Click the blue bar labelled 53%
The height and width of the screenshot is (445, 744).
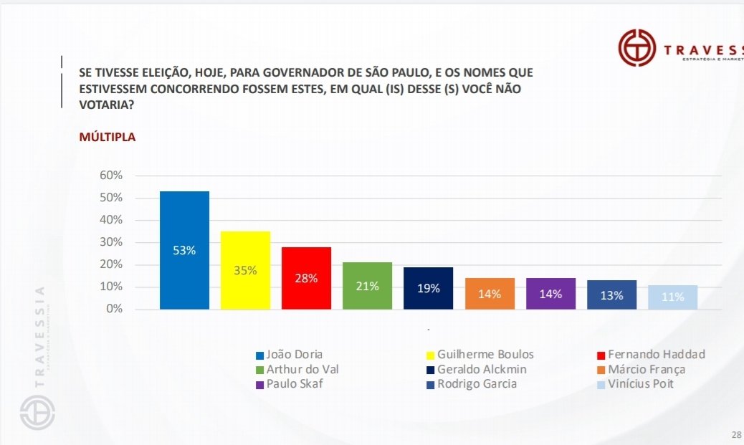coord(184,250)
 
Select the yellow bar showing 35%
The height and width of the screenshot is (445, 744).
coord(245,270)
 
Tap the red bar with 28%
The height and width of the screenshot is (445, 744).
coord(306,278)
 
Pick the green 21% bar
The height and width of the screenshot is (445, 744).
coord(367,286)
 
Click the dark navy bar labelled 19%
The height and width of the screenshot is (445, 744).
coord(428,288)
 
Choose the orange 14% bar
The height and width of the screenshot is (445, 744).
coord(490,294)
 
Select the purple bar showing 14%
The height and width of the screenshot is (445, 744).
coord(550,294)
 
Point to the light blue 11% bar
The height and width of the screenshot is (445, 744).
coord(672,297)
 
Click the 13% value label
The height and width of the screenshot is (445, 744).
coord(612,296)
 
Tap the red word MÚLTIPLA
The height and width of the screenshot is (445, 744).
coord(108,137)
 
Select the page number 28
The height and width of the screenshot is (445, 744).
coord(736,435)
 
